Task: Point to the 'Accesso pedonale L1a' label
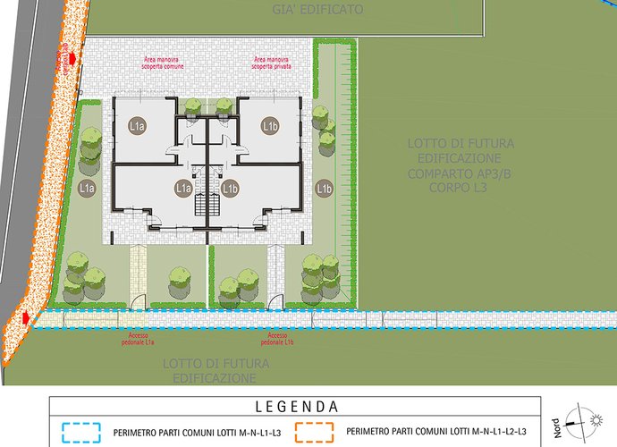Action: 139,339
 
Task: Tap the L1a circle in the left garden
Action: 87,189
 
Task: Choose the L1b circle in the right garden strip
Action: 324,189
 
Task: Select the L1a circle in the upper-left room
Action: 137,127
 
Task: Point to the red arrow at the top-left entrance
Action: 64,59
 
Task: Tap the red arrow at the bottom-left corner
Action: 27,317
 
